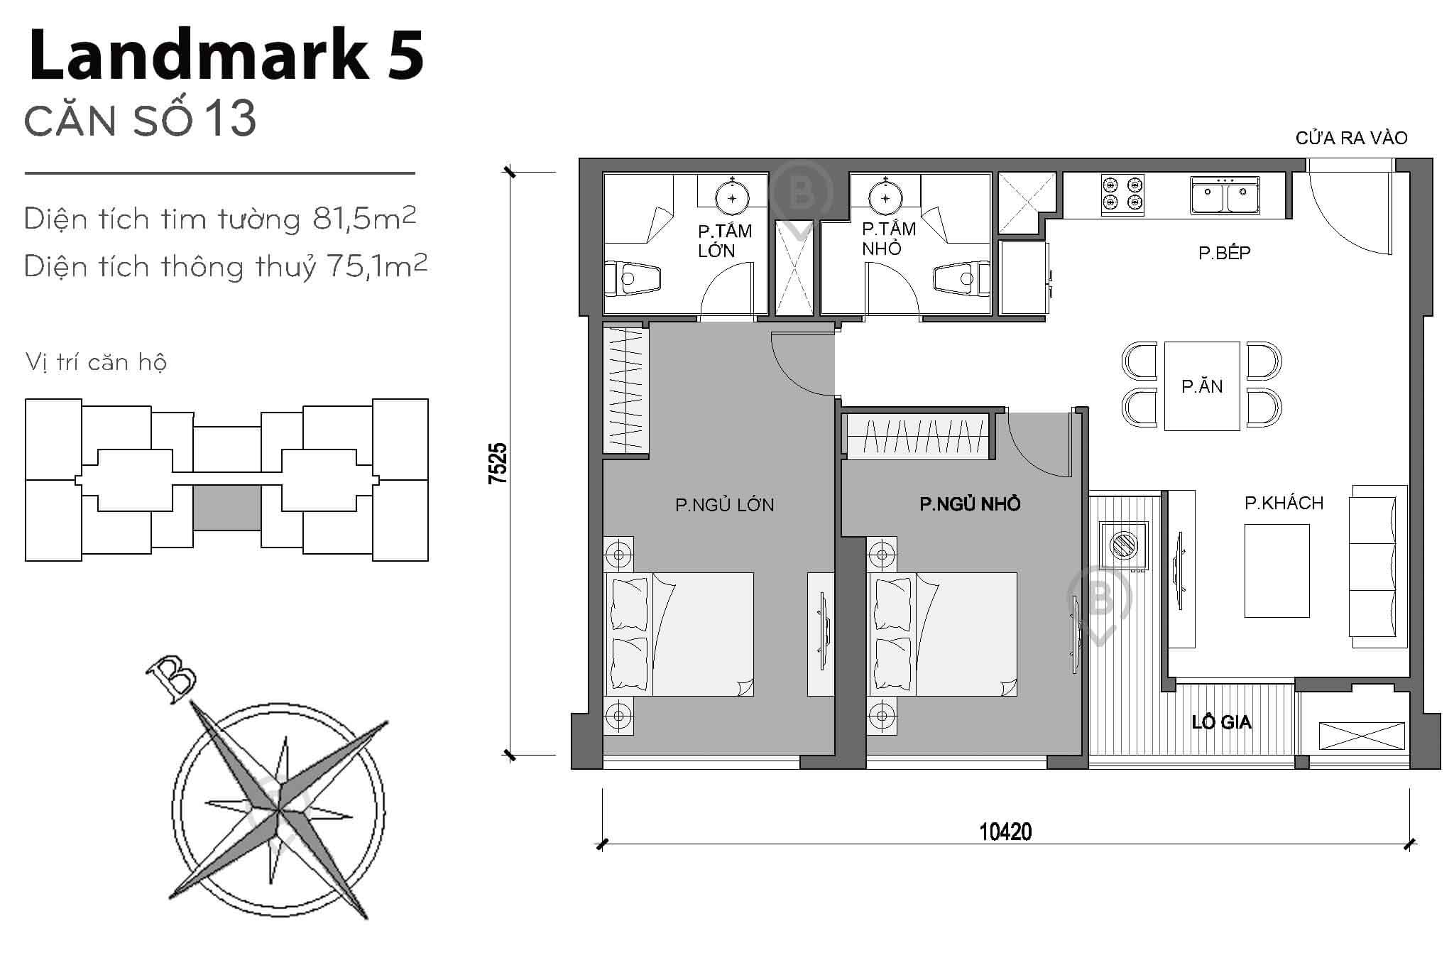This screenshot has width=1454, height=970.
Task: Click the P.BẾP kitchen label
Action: coord(1224,253)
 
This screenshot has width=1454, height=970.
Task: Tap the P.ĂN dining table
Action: coord(1201,386)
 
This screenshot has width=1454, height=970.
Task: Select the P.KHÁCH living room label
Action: coord(1284,503)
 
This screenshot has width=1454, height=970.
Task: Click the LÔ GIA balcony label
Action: coord(1221,723)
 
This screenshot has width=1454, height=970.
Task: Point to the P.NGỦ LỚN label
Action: coord(724,506)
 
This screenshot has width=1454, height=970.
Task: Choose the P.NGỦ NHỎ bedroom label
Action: coord(970,504)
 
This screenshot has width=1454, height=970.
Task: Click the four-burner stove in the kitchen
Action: coord(1122,195)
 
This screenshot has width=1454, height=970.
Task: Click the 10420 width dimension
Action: coord(1005,832)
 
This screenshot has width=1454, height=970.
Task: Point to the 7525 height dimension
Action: coord(498,463)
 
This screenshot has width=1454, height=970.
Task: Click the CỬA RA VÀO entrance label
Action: coord(1351,138)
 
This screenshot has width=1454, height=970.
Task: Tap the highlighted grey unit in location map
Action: coord(226,508)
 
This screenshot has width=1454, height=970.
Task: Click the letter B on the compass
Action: coord(171,678)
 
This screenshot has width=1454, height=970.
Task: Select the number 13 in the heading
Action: coord(231,119)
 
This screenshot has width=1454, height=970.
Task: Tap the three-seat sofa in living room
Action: coord(1377,566)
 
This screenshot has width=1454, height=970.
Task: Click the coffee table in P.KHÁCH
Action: coord(1277,570)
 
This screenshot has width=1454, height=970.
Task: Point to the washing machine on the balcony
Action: coord(1123,545)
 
